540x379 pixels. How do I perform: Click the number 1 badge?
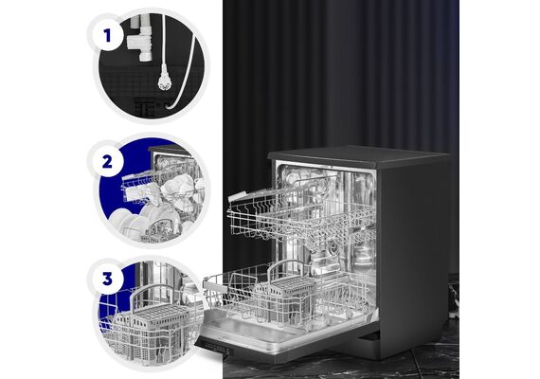click(107, 35)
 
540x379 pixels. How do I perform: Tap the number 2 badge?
click(107, 161)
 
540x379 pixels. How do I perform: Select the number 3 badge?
click(107, 279)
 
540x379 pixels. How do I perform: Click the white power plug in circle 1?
click(164, 80)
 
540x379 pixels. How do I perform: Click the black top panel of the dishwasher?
click(358, 155)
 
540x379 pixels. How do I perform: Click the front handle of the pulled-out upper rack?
click(239, 197)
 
